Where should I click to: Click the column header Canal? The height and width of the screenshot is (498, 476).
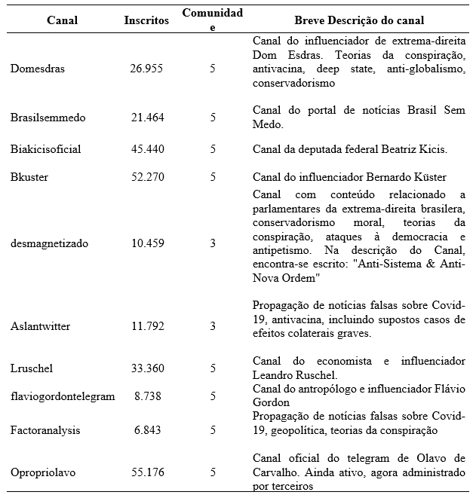[62, 20]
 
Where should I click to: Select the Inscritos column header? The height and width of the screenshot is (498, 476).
[146, 20]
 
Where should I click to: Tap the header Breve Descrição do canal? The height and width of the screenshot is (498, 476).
[359, 20]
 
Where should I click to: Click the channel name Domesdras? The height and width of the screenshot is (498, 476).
[38, 69]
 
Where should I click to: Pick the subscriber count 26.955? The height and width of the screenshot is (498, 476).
[147, 69]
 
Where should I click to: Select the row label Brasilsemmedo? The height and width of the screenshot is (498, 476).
[48, 118]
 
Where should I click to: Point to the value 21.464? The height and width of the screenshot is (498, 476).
[147, 118]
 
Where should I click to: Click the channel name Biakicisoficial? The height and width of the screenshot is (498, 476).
[46, 149]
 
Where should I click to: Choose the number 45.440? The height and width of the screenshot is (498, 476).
[147, 149]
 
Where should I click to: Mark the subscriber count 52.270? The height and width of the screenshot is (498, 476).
[147, 177]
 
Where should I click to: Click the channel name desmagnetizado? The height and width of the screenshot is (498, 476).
[50, 243]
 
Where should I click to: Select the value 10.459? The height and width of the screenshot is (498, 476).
[147, 243]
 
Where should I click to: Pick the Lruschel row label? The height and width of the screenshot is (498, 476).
[32, 369]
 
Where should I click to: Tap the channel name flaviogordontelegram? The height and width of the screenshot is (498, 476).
[63, 396]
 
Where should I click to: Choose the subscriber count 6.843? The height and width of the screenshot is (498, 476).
[147, 429]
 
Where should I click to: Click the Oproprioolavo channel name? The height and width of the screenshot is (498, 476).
[43, 472]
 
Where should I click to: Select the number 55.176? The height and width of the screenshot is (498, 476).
[147, 472]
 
